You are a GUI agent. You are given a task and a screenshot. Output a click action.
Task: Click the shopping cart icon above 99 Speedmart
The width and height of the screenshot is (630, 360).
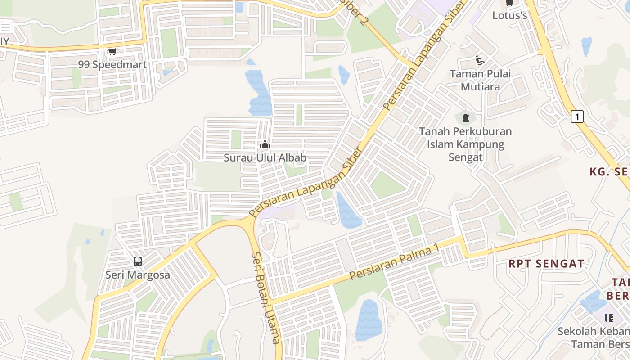click(112, 51)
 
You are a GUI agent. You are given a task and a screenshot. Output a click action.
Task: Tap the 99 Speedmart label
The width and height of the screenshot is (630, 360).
click(112, 65)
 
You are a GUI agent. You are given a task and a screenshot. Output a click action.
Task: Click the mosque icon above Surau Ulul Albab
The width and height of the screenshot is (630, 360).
click(265, 145)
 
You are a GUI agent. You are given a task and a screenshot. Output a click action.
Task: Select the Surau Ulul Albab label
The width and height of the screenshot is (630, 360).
click(265, 158)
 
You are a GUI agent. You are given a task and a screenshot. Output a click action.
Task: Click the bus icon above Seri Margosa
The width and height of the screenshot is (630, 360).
click(138, 261)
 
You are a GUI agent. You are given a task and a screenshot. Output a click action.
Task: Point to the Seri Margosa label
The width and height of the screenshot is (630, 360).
click(138, 274)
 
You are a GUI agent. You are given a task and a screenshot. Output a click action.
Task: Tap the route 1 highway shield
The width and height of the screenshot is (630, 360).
click(577, 117)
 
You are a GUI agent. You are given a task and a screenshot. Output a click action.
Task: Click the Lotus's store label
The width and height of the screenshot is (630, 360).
click(509, 15)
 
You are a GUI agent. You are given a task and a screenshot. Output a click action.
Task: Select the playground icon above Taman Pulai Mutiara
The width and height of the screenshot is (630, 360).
click(480, 60)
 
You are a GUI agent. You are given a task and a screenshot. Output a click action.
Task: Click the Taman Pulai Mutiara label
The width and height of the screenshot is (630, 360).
click(481, 80)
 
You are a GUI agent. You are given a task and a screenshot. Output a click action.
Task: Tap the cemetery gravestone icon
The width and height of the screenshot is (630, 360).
click(465, 118)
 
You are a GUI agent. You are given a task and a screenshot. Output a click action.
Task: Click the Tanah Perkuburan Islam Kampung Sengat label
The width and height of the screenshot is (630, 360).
click(465, 144)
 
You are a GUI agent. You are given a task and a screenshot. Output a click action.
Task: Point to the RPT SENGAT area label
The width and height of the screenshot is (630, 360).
click(546, 264)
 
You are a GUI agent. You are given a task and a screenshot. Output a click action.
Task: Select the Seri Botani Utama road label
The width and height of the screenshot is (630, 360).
click(266, 297)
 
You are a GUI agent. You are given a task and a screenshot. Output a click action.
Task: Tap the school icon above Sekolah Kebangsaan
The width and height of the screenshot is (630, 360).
click(609, 318)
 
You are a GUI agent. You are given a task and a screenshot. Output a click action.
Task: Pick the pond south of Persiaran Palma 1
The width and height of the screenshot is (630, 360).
click(369, 320)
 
